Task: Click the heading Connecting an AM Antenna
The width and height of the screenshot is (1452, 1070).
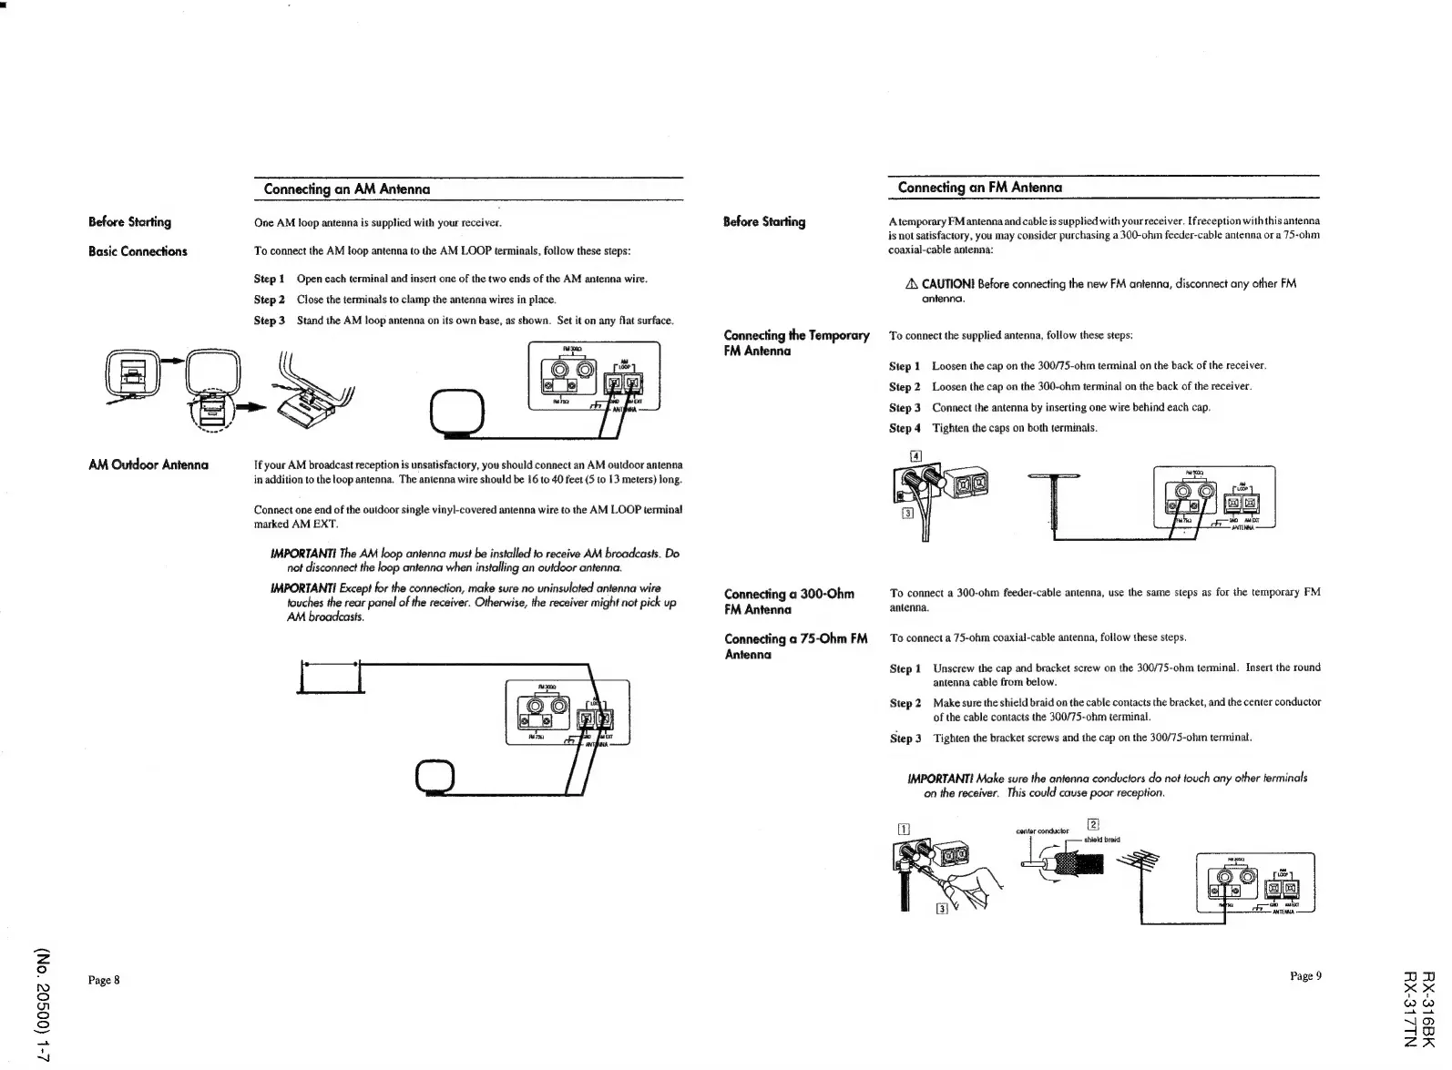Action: pos(346,189)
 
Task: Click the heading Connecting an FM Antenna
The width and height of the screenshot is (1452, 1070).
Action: pos(979,188)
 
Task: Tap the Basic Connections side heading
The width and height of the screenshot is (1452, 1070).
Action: pos(138,251)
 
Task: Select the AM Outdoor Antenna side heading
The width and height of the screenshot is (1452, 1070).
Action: pos(148,465)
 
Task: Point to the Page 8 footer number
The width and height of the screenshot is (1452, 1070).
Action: pos(104,980)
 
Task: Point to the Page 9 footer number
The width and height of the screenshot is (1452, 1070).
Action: pos(1305,976)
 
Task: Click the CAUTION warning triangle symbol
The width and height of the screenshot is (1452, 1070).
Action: pos(911,284)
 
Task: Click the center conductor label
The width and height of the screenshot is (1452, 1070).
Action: pos(1041,831)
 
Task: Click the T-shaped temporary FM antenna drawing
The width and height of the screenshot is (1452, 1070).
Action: pos(1054,499)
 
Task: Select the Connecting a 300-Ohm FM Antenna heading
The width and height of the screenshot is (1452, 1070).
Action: pos(789,602)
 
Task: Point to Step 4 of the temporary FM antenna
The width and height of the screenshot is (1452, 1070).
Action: pos(904,428)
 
